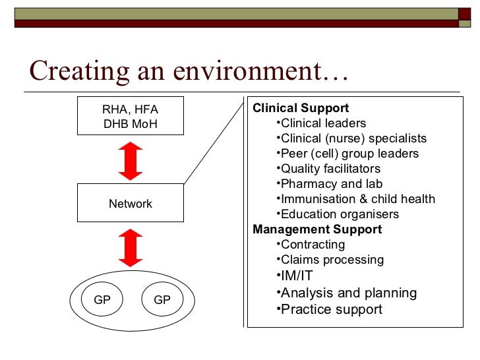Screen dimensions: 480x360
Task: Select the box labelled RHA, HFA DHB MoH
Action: point(131,117)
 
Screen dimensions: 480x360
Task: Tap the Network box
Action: point(131,204)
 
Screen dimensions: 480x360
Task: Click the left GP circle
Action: point(102,300)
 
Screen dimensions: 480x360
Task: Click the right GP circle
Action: point(162,300)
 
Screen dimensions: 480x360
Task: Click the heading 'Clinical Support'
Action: point(301,108)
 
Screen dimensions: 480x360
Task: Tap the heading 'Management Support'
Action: point(317,229)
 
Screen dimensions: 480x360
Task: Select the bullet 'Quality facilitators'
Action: point(330,169)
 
